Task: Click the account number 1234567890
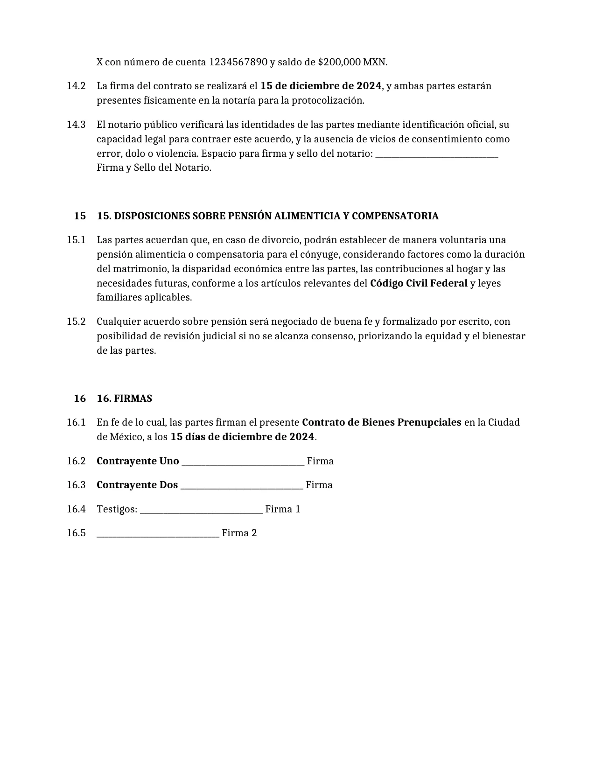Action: [238, 62]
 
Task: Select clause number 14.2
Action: [76, 86]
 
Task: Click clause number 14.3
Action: [76, 125]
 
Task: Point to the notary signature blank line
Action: [437, 155]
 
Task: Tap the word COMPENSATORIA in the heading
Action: [395, 216]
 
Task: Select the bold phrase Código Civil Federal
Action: [419, 283]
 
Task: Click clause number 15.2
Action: [76, 322]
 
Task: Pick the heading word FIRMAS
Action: [133, 399]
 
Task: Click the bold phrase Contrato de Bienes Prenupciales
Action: [382, 422]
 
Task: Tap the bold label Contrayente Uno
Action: [138, 461]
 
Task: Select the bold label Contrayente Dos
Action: [137, 485]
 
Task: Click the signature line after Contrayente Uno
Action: [243, 463]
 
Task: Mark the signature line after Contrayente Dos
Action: [242, 487]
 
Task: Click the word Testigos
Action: [117, 509]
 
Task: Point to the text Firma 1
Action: [283, 509]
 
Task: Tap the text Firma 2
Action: [239, 533]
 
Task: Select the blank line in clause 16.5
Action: [158, 535]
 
